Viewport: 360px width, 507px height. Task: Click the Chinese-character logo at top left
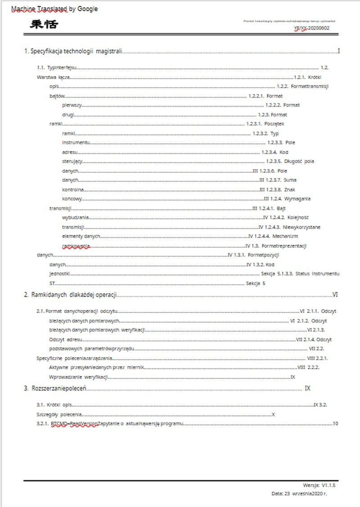pos(44,24)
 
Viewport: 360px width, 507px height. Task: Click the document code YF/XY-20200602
pos(311,28)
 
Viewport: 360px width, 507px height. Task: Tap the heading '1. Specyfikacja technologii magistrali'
pos(73,51)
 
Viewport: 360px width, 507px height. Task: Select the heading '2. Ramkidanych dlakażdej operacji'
pos(70,295)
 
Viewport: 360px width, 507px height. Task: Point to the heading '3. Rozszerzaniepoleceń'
pos(55,388)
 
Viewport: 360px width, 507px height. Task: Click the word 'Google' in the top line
pos(87,9)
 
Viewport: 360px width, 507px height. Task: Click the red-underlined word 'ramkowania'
pos(76,246)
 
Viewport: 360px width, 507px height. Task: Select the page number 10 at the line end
pos(335,424)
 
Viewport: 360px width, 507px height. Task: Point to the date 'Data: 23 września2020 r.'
pos(299,494)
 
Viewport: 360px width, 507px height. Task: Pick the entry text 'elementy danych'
pos(81,236)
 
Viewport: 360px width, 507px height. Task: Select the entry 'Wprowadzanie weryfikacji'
pos(79,377)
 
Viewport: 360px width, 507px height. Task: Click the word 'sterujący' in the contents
pos(72,162)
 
